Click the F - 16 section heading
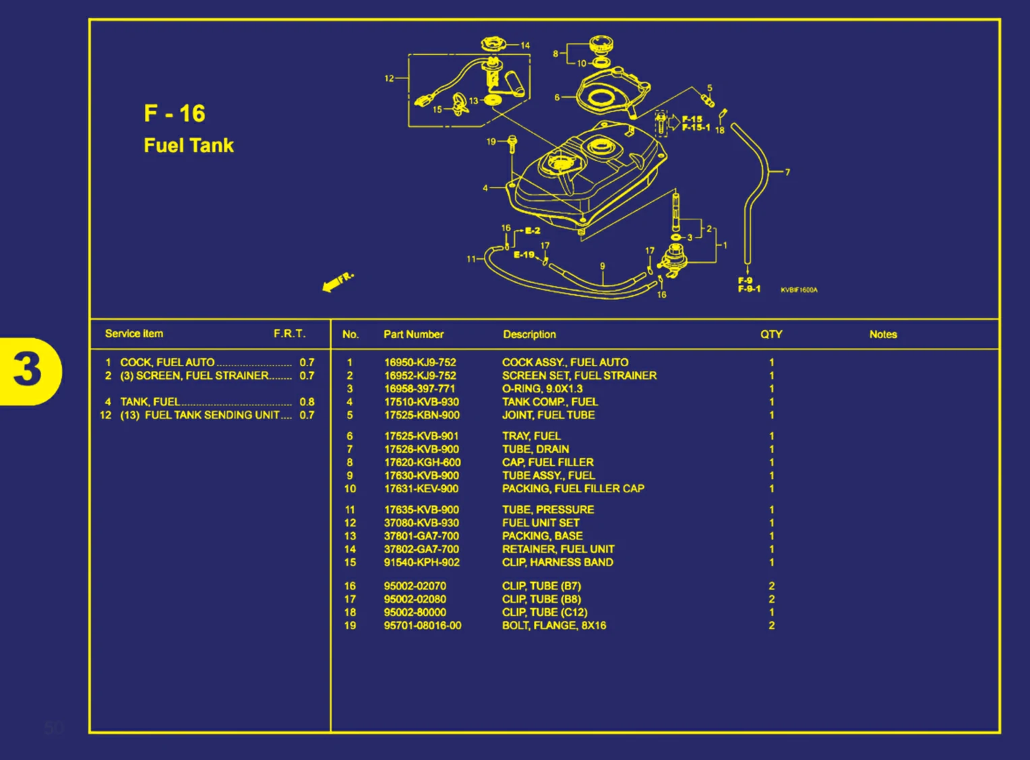175,113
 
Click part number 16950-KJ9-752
420,362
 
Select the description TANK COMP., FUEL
549,402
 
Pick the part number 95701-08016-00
423,626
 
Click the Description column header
529,334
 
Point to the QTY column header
771,334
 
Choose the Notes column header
882,334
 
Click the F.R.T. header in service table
289,334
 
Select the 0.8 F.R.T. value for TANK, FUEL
307,402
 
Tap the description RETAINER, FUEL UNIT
558,550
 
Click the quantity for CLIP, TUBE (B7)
772,586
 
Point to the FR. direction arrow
337,282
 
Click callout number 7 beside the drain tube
787,173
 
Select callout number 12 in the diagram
389,78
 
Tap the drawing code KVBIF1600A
799,290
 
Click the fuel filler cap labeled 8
601,46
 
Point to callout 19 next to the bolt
491,142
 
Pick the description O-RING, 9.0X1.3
542,389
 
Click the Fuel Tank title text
189,146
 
